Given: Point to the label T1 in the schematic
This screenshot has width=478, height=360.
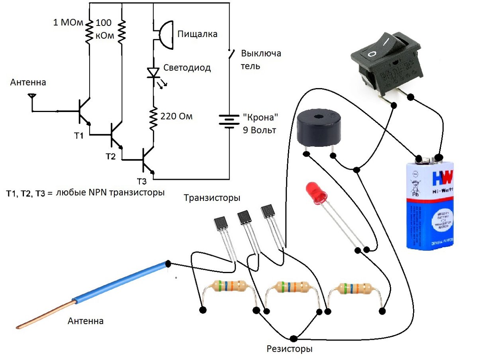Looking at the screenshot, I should (x=79, y=136).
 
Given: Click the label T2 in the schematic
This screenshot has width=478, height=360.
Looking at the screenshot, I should (x=110, y=156).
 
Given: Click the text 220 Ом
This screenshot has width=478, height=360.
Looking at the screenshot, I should (x=176, y=117).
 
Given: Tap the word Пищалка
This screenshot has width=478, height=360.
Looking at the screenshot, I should (x=198, y=34).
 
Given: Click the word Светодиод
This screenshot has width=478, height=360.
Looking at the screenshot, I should (x=187, y=68).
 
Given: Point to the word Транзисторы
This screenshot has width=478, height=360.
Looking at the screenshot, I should (x=212, y=198).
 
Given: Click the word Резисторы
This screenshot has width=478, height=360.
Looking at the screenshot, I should (x=289, y=350).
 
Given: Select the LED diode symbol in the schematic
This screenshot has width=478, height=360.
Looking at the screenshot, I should (x=153, y=73).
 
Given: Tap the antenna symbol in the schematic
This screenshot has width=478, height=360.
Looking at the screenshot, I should (x=31, y=97).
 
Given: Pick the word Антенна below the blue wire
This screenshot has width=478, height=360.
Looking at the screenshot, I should (x=86, y=321).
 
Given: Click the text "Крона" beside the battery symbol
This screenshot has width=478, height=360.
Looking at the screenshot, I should (x=259, y=118).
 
